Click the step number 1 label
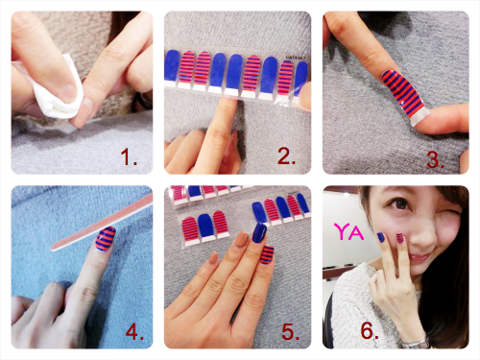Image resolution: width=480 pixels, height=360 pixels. [x=129, y=156]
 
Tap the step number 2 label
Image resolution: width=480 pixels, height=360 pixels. [x=286, y=156]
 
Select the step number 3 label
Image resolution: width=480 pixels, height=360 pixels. [x=435, y=159]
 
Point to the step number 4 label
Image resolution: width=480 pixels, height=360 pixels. [x=134, y=331]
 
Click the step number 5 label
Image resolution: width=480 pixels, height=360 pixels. [x=291, y=331]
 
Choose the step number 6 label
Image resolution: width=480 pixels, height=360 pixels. [x=370, y=330]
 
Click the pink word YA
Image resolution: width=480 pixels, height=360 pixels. [x=348, y=231]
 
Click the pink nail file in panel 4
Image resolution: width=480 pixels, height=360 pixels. [x=103, y=222]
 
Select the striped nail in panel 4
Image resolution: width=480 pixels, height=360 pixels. [x=106, y=238]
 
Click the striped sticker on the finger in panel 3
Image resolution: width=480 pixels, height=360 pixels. [x=404, y=95]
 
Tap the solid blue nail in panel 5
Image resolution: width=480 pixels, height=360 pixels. [x=259, y=233]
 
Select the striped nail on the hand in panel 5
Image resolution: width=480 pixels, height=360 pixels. [x=267, y=254]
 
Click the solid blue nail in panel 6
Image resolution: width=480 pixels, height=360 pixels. [x=381, y=237]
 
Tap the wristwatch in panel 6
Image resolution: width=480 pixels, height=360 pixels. [x=416, y=343]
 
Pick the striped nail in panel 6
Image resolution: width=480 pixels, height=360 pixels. [x=400, y=238]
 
